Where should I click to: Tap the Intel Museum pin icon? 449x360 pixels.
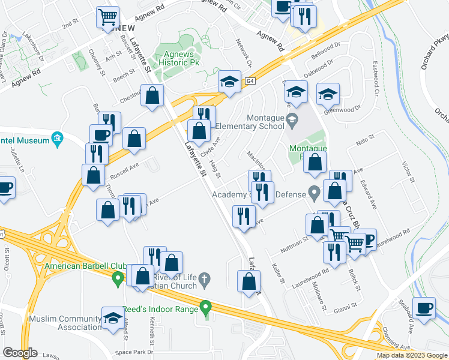[57, 140]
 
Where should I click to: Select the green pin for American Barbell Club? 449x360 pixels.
[118, 278]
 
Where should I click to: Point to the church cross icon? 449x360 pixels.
[204, 279]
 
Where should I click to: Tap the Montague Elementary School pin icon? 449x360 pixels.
[292, 118]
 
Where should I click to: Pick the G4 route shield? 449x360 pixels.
[250, 80]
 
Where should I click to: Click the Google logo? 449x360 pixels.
[20, 352]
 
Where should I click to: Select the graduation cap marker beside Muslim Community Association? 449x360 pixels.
[112, 319]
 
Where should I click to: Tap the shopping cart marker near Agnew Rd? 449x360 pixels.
[108, 18]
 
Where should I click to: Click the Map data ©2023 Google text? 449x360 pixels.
[412, 355]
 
